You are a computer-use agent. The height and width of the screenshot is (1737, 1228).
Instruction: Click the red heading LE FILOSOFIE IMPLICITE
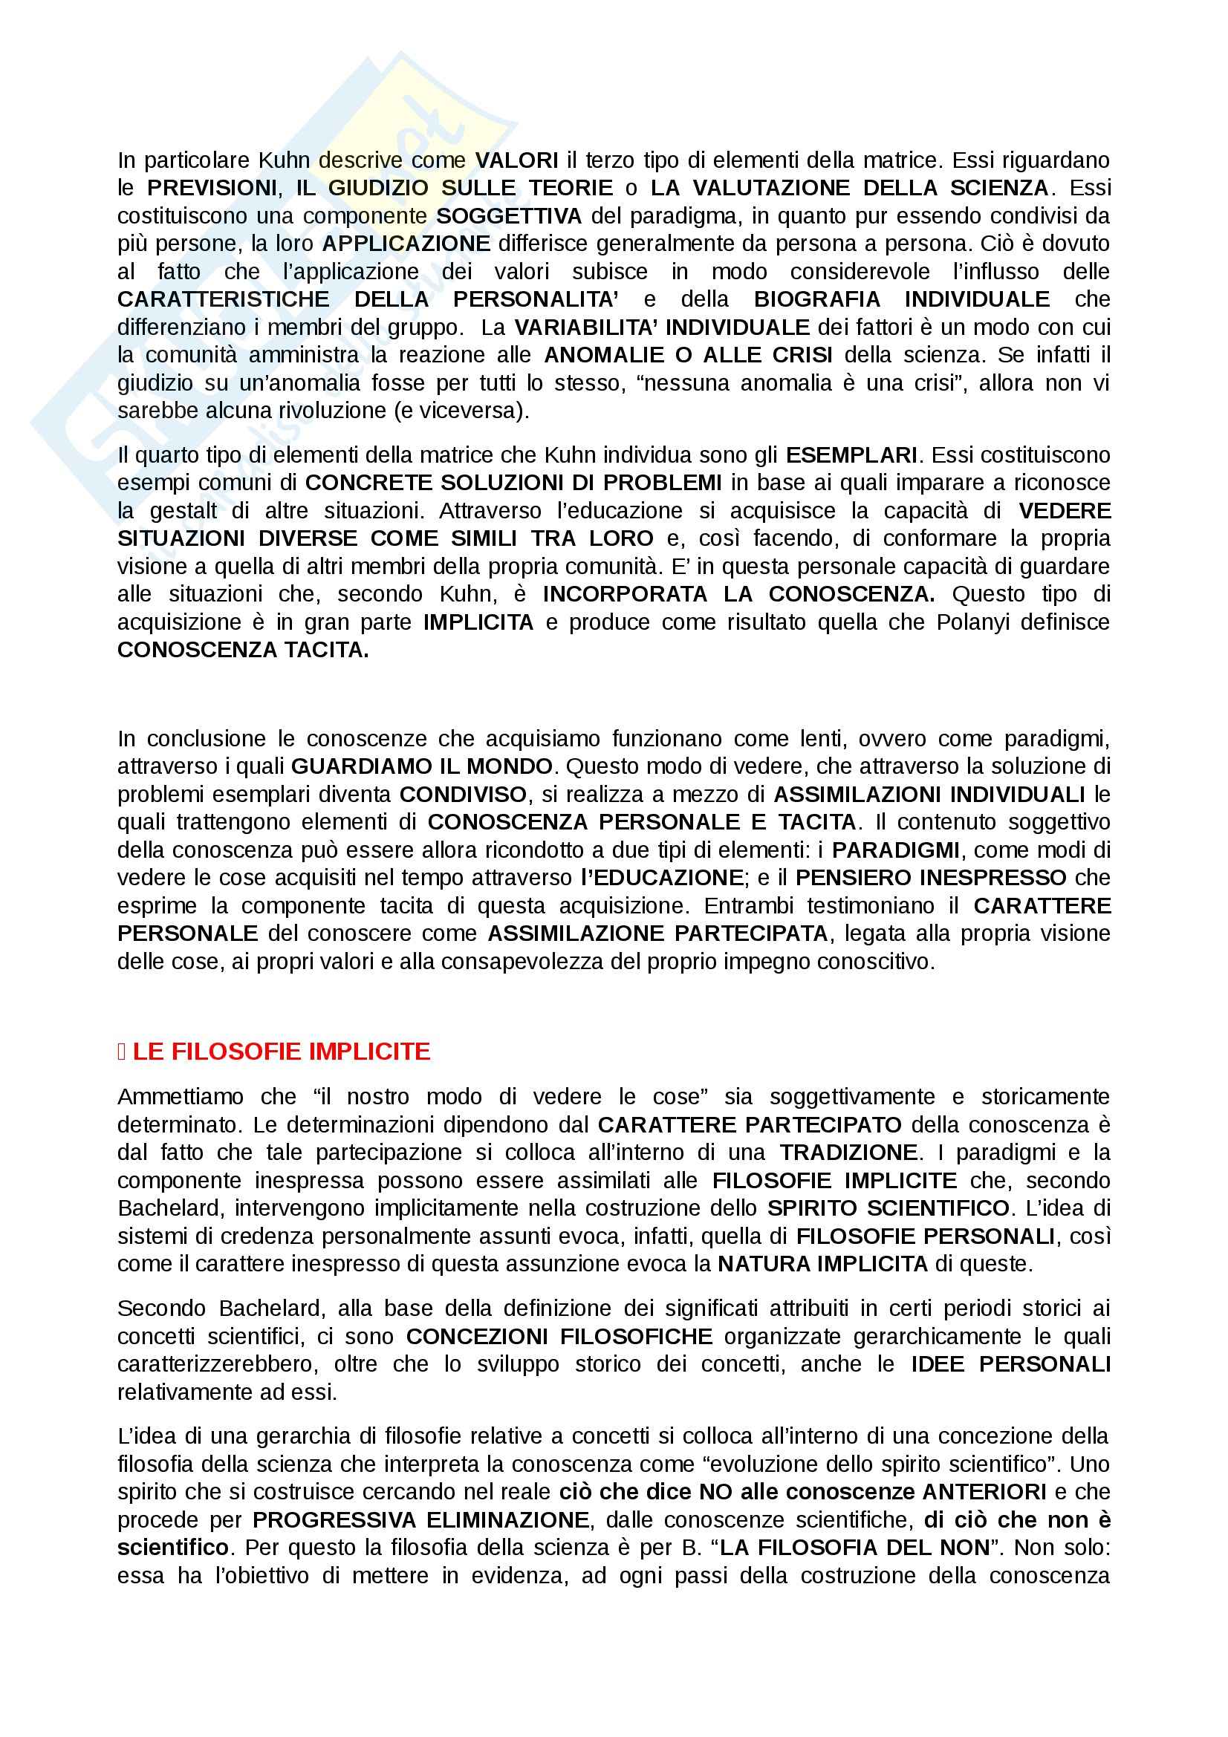click(282, 1051)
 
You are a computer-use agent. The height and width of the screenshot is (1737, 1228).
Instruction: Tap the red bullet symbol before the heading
click(122, 1052)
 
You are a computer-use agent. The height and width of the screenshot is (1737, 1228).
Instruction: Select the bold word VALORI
click(517, 160)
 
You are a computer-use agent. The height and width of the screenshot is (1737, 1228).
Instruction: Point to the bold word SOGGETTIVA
click(509, 215)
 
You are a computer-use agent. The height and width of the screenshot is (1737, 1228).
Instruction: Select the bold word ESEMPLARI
click(851, 454)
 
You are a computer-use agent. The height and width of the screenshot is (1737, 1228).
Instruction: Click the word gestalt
click(182, 511)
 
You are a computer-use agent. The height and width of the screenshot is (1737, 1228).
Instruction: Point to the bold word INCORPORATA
click(624, 594)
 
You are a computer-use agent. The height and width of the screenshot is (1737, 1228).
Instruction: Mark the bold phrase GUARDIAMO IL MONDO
click(421, 766)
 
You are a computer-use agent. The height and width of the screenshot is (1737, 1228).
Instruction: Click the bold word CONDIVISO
click(462, 795)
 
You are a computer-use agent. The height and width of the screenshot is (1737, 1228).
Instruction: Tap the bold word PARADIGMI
click(895, 850)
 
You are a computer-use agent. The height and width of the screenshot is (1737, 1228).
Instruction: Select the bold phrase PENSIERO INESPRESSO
click(931, 878)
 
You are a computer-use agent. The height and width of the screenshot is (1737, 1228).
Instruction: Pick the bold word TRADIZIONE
click(848, 1153)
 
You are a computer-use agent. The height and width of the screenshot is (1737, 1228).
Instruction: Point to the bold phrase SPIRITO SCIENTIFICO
click(888, 1208)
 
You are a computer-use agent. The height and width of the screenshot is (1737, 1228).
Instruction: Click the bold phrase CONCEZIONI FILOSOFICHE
click(559, 1337)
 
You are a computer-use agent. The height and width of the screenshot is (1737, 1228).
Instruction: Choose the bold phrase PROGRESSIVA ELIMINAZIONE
click(420, 1520)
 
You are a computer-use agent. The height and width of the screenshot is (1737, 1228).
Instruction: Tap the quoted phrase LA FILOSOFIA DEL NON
click(855, 1548)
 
